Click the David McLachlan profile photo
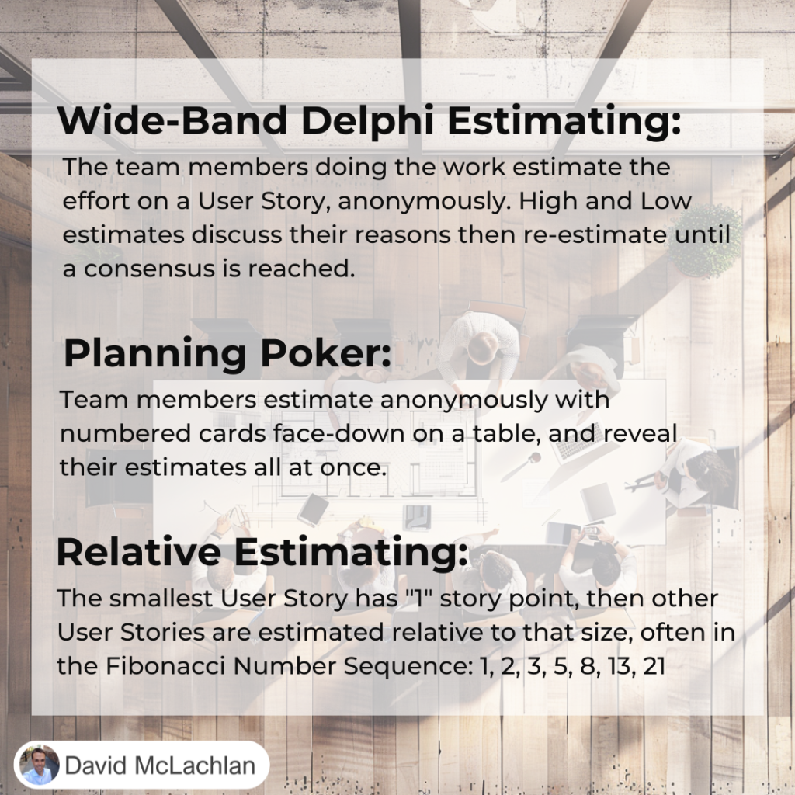pos(39,765)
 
